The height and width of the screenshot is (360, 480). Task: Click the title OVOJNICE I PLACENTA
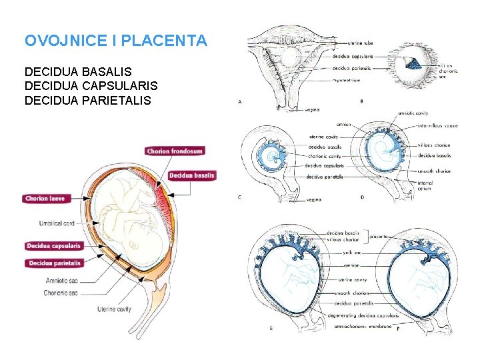(x=115, y=41)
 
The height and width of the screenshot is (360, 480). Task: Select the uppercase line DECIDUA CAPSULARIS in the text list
(x=91, y=86)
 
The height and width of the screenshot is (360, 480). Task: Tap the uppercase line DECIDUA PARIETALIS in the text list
(x=87, y=101)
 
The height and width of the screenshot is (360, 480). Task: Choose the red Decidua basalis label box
(x=191, y=176)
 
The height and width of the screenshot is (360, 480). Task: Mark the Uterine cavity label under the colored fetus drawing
(x=114, y=309)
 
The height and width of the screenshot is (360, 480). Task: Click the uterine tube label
(x=361, y=43)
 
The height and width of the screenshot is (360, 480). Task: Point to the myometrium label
(x=347, y=80)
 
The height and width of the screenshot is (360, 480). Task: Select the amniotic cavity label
(x=413, y=113)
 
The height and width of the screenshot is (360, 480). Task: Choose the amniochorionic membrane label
(x=361, y=325)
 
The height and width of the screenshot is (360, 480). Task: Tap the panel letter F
(x=398, y=328)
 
